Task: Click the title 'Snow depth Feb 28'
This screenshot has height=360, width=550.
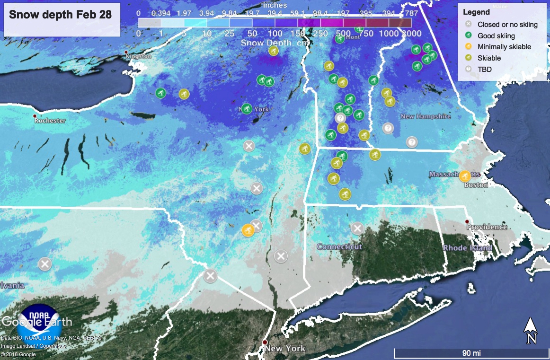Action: click(x=61, y=14)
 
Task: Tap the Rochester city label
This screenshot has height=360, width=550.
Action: click(x=50, y=121)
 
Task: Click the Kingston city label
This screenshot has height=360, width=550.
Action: click(x=138, y=56)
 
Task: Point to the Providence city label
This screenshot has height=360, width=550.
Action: click(x=487, y=227)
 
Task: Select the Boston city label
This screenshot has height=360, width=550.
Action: click(x=475, y=185)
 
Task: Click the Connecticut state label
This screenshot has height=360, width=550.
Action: click(x=339, y=246)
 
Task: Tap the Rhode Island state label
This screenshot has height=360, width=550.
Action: click(x=467, y=248)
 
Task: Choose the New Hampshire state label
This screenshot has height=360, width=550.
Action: click(x=426, y=116)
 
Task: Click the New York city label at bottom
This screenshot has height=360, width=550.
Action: click(x=284, y=349)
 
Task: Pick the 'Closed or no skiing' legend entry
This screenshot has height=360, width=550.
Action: click(x=507, y=25)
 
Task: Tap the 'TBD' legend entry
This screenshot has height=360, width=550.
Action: click(x=484, y=70)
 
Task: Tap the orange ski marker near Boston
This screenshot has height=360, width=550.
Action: click(x=465, y=176)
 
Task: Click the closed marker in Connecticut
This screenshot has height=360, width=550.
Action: click(x=357, y=228)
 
